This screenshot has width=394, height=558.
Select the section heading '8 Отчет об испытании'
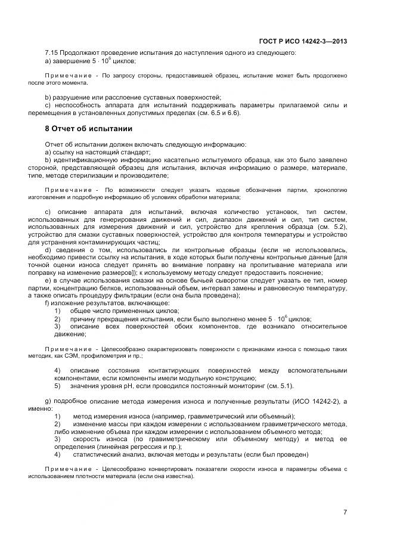coord(88,129)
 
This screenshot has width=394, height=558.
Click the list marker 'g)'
coord(48,401)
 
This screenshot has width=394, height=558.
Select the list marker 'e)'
coord(48,280)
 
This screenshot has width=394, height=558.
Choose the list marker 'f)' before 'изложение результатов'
coord(47,303)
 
